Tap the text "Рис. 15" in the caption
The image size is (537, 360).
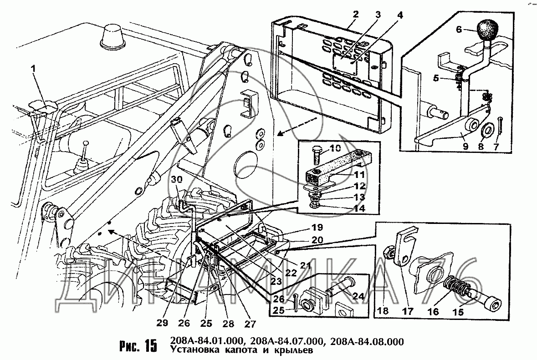coord(137,346)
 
